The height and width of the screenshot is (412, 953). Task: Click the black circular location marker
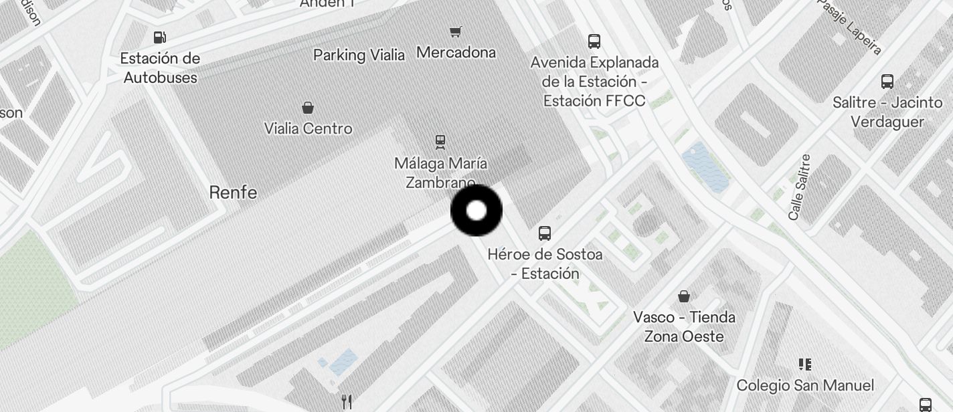[x=476, y=211]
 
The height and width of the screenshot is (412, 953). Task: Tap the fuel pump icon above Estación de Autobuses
[x=160, y=37]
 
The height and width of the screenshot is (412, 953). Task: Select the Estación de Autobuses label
[x=160, y=68]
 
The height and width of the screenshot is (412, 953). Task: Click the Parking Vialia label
[x=359, y=55]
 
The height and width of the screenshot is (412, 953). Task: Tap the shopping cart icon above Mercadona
[x=456, y=31]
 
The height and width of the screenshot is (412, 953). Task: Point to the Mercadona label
[x=456, y=52]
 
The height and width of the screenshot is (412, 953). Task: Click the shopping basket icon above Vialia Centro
[x=308, y=108]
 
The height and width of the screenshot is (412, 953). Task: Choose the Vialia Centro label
[x=308, y=128]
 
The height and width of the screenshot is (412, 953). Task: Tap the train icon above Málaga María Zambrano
[x=440, y=141]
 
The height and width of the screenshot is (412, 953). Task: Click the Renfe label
[x=233, y=193]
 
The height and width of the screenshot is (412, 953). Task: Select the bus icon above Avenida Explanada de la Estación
[x=594, y=41]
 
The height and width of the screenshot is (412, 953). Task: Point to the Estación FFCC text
[x=594, y=101]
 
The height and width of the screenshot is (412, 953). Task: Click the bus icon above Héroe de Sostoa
[x=545, y=233]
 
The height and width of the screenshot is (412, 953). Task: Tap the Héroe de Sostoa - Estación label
[x=545, y=264]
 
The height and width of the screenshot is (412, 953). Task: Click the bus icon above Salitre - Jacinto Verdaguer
[x=887, y=82]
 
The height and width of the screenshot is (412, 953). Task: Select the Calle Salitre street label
[x=800, y=187]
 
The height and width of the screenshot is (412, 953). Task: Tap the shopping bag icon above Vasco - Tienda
[x=684, y=296]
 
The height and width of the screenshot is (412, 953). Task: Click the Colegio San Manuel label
[x=805, y=385]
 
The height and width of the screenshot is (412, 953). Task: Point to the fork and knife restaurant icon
[x=347, y=401]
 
